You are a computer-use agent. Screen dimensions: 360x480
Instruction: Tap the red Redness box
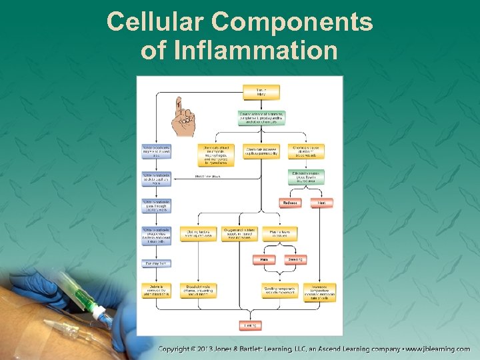(290, 203)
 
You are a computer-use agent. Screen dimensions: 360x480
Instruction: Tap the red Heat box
(321, 203)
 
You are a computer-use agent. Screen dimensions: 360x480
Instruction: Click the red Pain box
(263, 259)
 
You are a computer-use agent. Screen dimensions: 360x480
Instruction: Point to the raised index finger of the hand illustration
(178, 105)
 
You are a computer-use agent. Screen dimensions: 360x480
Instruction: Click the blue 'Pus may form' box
(156, 263)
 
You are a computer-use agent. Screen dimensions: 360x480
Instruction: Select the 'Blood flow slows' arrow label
(207, 177)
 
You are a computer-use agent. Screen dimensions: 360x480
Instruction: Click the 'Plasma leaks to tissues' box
(278, 234)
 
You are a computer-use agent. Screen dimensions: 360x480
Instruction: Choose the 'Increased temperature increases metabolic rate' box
(320, 293)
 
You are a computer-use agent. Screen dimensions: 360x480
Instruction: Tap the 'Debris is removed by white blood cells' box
(156, 291)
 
